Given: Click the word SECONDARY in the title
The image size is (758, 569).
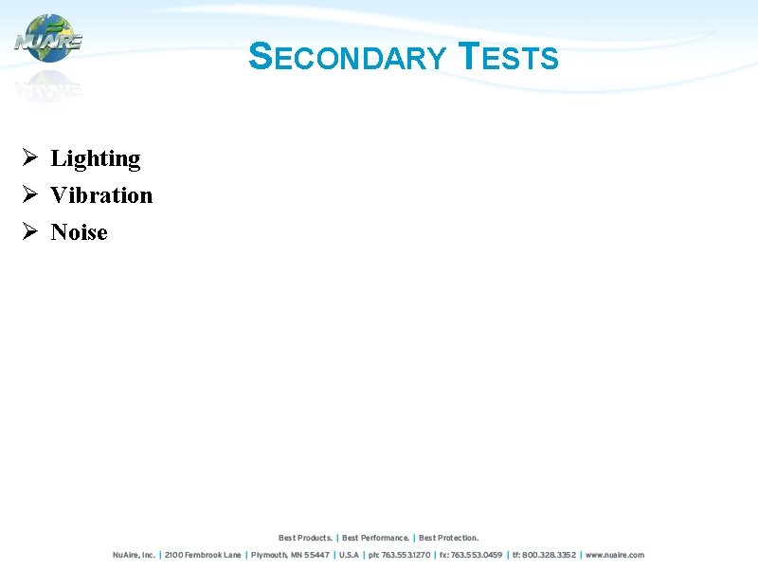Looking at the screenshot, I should (346, 58).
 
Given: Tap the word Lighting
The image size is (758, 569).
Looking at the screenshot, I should (96, 158).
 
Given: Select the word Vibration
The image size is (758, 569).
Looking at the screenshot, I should (101, 195).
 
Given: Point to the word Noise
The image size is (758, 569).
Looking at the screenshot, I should (80, 232).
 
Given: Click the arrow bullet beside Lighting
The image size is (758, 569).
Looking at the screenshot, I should (29, 157).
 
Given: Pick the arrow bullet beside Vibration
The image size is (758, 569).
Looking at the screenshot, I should (29, 194).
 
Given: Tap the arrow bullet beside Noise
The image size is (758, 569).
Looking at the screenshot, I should (29, 231).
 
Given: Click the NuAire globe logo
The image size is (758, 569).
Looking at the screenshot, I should (48, 40).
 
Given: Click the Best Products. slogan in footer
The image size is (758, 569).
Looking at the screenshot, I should (305, 538).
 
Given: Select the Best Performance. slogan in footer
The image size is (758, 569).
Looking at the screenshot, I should (376, 538).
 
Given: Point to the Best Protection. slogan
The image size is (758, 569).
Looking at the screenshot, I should (449, 538).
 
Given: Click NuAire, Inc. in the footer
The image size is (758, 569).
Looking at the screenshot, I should (134, 555).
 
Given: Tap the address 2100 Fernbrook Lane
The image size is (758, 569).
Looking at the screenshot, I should (203, 555).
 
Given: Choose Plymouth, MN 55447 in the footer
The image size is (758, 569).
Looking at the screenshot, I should (290, 555).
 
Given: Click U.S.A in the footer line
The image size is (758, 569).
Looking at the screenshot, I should (349, 555).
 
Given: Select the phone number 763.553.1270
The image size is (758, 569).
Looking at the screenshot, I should (398, 555).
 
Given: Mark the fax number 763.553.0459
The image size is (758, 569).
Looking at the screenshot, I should (470, 555).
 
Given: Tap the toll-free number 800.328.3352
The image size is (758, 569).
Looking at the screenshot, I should (544, 555).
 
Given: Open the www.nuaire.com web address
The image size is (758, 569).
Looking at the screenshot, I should (615, 555).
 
